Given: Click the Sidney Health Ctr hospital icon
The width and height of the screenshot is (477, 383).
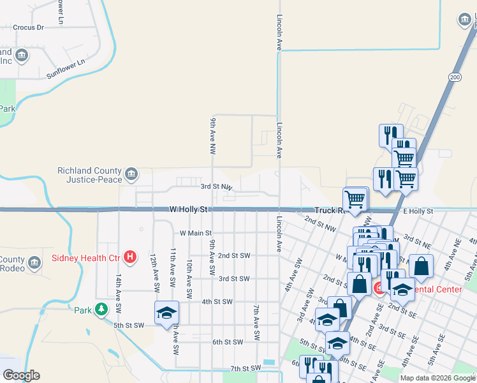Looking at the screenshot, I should tap(130, 258).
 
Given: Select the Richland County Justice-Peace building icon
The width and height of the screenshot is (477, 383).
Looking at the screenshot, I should tap(131, 174).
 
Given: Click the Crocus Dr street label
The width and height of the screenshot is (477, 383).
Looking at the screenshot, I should tap(28, 27).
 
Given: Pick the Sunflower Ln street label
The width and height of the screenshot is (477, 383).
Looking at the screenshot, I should tap(66, 70).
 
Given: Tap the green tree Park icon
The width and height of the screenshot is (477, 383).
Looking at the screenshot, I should tap(101, 310).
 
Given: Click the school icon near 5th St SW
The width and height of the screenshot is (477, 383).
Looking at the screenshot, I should tap(166, 313).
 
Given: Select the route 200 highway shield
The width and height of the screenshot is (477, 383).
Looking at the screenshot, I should tap(454, 77).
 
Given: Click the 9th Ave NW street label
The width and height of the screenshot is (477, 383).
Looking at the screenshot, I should tap(212, 136).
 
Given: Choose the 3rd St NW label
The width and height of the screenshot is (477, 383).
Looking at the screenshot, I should tap(216, 187).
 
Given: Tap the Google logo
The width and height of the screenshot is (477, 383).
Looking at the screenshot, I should tap(21, 375).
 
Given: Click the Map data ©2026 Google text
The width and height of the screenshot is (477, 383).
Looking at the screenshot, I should tap(437, 378).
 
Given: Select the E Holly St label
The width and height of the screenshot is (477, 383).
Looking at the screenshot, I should tap(418, 211).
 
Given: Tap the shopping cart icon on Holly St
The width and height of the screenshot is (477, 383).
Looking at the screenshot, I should tap(355, 199).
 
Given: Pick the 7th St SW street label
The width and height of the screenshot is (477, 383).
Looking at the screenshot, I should tap(246, 368).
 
